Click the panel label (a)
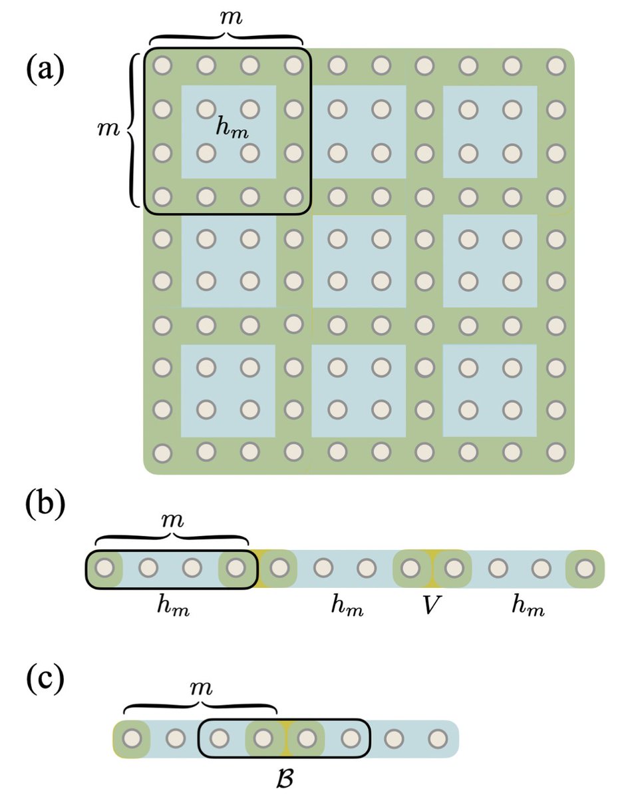pyautogui.click(x=46, y=69)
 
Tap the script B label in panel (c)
pyautogui.click(x=285, y=777)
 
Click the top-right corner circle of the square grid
pyautogui.click(x=555, y=65)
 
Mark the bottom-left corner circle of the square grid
pyautogui.click(x=162, y=452)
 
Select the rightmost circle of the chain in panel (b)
pyautogui.click(x=585, y=569)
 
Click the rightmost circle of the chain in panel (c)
pyautogui.click(x=437, y=738)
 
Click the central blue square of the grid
pyautogui.click(x=359, y=261)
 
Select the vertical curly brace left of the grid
pyautogui.click(x=132, y=129)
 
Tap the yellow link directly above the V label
pyautogui.click(x=432, y=569)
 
